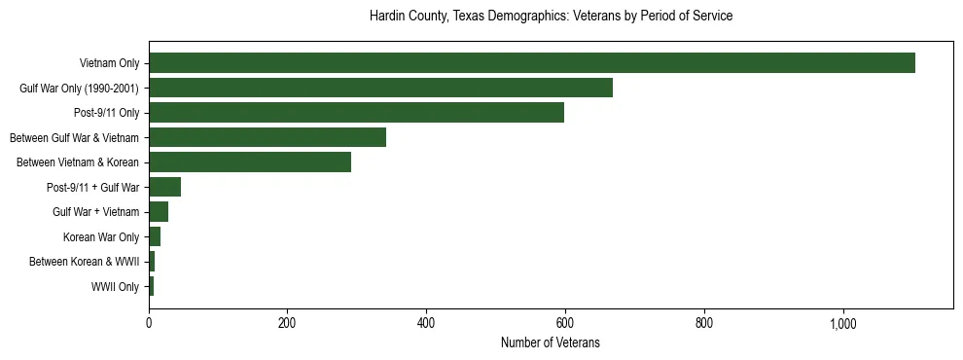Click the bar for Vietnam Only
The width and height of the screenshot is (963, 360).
[x=532, y=63]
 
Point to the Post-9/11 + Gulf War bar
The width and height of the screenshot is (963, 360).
[x=164, y=188]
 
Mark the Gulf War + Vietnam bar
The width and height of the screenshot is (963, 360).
[x=159, y=212]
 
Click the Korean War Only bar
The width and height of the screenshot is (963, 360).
[x=155, y=237]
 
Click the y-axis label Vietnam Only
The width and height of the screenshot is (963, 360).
[x=109, y=64]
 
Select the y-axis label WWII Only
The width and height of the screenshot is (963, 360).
[x=115, y=287]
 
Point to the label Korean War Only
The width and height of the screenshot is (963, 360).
[x=101, y=237]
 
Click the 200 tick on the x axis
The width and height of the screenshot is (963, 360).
[x=287, y=324]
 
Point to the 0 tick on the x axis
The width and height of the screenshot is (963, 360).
[x=149, y=324]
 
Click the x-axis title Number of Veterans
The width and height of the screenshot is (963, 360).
[x=550, y=343]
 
